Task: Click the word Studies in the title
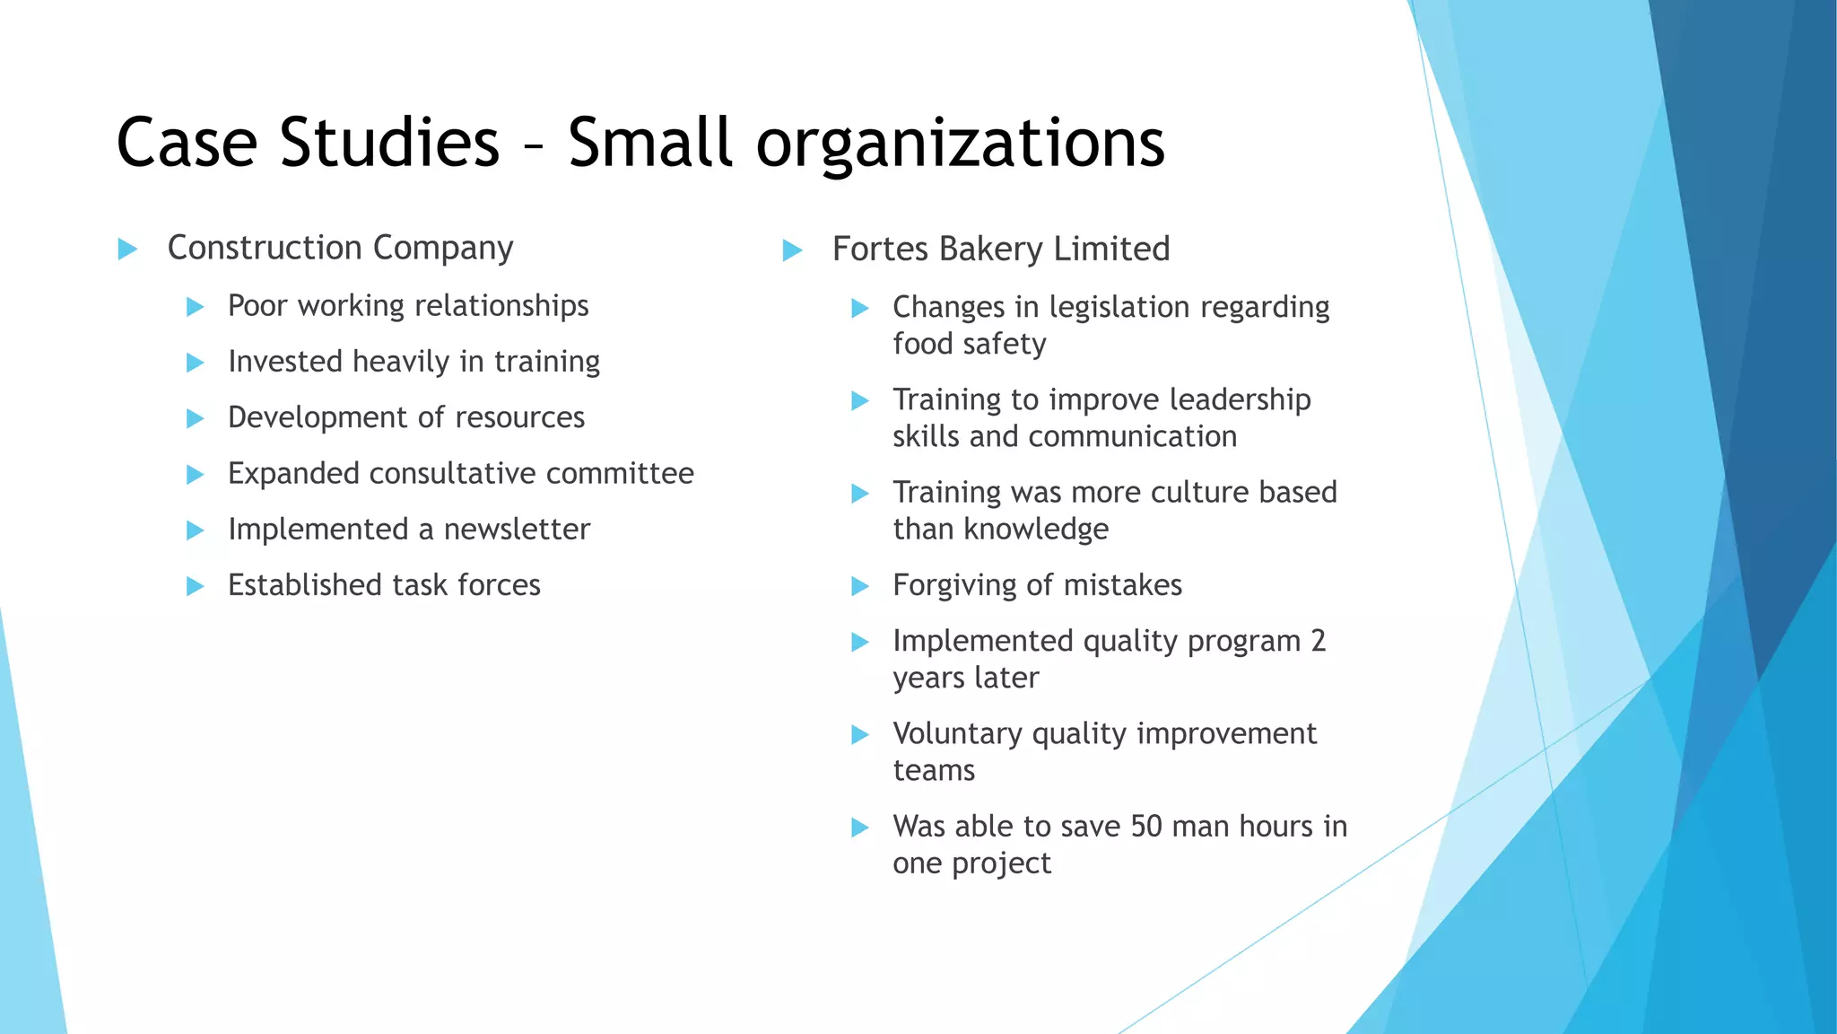pyautogui.click(x=389, y=142)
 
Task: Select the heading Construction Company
pyautogui.click(x=340, y=248)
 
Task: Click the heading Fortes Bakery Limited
pyautogui.click(x=1000, y=249)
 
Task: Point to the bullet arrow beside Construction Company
pyautogui.click(x=127, y=249)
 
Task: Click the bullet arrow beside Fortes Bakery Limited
pyautogui.click(x=792, y=250)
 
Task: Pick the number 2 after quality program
pyautogui.click(x=1317, y=641)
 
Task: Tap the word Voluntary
pyautogui.click(x=957, y=733)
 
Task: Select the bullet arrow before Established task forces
pyautogui.click(x=195, y=586)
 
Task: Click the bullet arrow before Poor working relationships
pyautogui.click(x=195, y=307)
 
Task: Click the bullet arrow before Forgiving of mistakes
pyautogui.click(x=859, y=587)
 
